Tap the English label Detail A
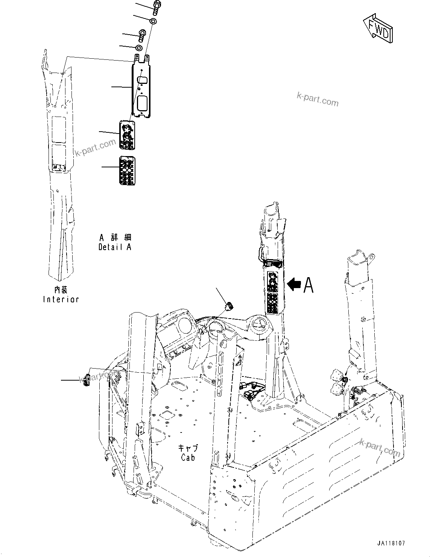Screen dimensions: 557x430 pos(115,247)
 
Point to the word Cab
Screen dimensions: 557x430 pos(188,457)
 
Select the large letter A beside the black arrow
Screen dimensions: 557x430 pos(308,285)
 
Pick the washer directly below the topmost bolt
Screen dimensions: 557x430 pos(153,21)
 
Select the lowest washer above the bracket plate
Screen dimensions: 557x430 pos(138,48)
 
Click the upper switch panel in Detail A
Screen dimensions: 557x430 pos(127,134)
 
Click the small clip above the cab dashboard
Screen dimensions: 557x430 pos(228,307)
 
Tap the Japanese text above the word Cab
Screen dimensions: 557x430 pos(188,448)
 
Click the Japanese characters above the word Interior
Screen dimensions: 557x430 pos(61,290)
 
